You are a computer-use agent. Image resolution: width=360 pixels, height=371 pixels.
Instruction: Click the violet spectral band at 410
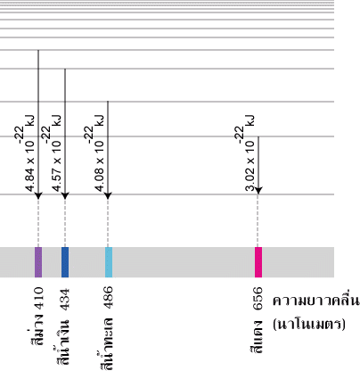tap(38, 262)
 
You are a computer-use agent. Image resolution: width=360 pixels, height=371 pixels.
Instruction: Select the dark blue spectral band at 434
tap(65, 262)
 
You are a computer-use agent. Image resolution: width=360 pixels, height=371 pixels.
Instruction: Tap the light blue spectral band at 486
tap(109, 262)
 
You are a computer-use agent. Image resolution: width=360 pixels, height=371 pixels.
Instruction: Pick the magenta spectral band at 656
tap(258, 262)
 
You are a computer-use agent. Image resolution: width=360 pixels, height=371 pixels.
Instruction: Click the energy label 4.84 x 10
tap(29, 166)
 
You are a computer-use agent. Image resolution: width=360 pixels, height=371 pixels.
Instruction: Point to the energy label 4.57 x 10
tap(56, 166)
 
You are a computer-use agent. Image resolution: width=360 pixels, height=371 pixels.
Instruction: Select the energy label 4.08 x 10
tap(99, 166)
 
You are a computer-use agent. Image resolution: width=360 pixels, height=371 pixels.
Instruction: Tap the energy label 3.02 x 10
tap(250, 166)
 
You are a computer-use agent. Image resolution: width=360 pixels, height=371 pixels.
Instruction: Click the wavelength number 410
tap(38, 298)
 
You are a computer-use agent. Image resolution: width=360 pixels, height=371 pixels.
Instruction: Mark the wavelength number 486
tap(109, 298)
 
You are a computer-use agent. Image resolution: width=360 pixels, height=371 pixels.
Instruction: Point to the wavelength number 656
tap(258, 298)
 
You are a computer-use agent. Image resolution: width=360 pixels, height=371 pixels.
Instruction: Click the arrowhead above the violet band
tap(38, 195)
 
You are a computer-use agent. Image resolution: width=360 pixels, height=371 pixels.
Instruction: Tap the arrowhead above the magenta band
tap(258, 191)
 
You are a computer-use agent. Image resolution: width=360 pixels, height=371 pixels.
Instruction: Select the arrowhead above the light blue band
tap(108, 195)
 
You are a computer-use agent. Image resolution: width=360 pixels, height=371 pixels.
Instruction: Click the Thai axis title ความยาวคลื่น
tap(316, 301)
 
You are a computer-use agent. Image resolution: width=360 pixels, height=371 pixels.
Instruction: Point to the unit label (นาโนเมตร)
tap(309, 324)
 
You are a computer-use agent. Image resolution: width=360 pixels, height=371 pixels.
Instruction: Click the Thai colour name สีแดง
tap(257, 336)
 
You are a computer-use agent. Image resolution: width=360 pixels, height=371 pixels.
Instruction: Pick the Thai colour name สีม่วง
tap(37, 331)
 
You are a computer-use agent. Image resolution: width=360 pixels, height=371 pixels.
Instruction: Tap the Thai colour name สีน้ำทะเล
tap(106, 344)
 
